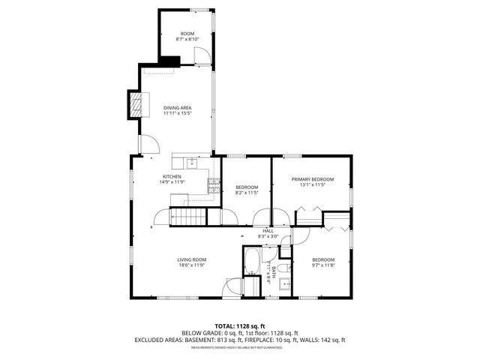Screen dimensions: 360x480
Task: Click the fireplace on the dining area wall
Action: click(134, 104)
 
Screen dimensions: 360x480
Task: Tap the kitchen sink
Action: click(191, 162)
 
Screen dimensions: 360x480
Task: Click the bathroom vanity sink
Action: click(284, 283)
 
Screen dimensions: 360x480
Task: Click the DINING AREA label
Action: click(178, 108)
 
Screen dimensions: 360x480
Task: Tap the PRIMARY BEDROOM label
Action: click(313, 179)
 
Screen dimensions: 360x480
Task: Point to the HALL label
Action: click(268, 231)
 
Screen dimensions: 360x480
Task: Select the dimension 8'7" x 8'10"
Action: click(186, 39)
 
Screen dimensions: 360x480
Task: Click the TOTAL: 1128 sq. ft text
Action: click(240, 326)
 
